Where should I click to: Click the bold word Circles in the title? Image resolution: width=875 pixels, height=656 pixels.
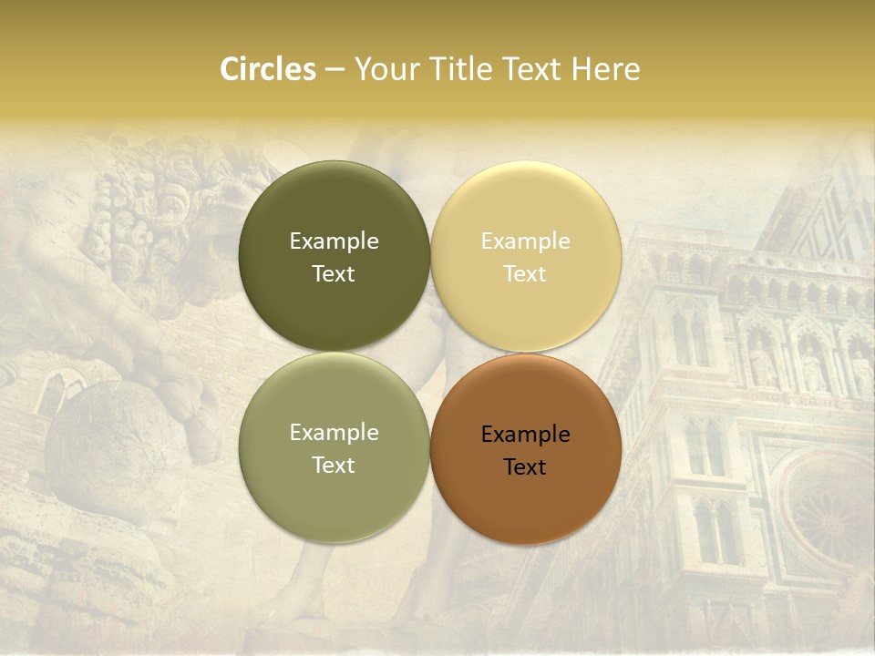tap(268, 69)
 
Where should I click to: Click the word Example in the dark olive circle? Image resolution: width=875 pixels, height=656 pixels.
tap(334, 241)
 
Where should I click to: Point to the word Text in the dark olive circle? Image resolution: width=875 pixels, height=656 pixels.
tap(334, 274)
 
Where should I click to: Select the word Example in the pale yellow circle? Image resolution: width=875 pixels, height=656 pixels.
tap(525, 241)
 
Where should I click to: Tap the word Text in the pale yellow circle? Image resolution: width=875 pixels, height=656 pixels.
tap(525, 274)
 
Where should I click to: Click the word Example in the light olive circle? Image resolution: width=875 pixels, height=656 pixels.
tap(334, 433)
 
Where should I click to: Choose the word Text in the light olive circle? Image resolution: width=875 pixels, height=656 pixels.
tap(334, 466)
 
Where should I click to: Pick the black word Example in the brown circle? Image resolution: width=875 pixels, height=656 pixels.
tap(525, 435)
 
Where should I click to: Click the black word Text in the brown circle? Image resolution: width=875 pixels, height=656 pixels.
tap(525, 467)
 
